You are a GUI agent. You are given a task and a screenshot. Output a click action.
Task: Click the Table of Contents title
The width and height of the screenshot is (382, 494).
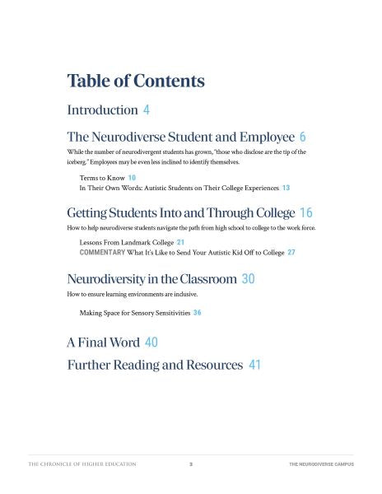(136, 81)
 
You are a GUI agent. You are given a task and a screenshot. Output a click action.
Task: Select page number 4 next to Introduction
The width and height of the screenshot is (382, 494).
(147, 110)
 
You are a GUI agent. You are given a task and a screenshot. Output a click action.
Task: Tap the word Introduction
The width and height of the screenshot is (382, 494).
(102, 110)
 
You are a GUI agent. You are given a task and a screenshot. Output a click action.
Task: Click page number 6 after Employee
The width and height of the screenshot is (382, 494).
(303, 137)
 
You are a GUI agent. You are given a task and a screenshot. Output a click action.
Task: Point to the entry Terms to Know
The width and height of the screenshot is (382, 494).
(101, 178)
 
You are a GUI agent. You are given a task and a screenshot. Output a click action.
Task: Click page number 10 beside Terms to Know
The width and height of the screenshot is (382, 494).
(132, 178)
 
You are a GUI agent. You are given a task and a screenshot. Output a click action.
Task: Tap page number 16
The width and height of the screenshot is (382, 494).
(306, 212)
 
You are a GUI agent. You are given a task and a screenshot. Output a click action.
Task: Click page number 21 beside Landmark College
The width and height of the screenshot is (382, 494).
(180, 242)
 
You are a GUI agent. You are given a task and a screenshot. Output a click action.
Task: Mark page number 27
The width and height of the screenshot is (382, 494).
(291, 253)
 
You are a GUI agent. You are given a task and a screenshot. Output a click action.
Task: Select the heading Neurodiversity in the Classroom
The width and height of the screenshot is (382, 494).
(152, 279)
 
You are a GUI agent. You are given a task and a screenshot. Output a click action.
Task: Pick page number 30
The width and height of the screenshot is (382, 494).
(249, 279)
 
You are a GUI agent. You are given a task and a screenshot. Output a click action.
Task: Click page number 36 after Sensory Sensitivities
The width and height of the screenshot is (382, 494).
(198, 313)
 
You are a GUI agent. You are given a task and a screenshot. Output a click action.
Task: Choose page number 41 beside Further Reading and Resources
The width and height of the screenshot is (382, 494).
(254, 365)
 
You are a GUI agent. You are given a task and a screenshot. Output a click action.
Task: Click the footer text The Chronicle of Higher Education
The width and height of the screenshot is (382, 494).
(82, 465)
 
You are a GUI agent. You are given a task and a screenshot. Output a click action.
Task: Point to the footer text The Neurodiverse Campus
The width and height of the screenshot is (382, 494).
(321, 465)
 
